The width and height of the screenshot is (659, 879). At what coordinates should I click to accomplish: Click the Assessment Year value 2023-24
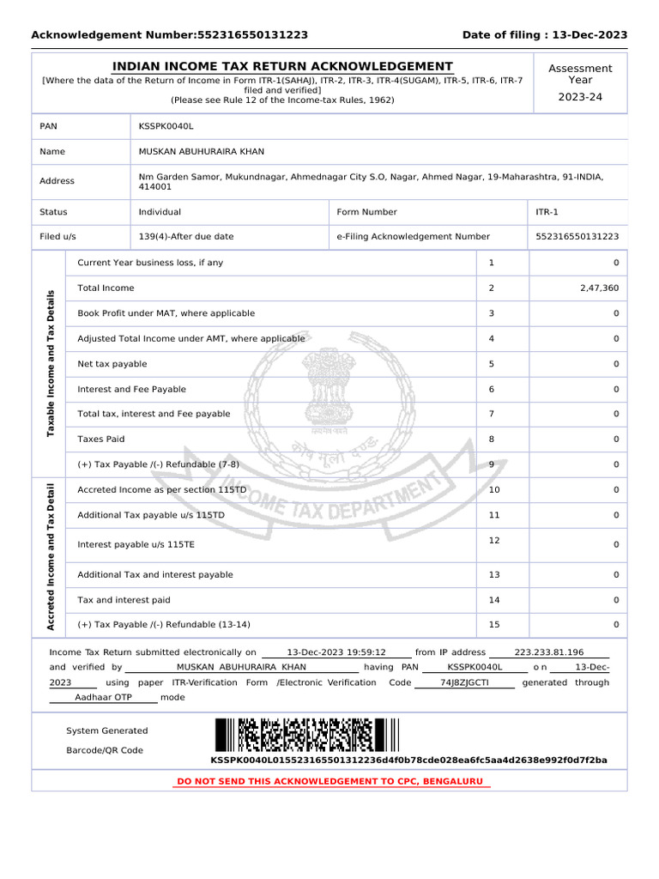tap(580, 97)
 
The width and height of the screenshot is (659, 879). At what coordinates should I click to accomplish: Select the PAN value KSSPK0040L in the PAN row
tap(166, 126)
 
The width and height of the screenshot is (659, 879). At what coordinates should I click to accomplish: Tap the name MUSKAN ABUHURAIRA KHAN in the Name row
tap(202, 152)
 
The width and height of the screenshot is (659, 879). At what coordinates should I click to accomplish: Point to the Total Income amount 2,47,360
tap(599, 288)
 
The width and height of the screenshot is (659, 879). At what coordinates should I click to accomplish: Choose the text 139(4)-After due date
tap(186, 236)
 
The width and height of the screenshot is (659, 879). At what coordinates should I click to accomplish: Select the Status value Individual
tap(160, 212)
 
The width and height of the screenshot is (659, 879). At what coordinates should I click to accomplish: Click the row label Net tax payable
tap(112, 364)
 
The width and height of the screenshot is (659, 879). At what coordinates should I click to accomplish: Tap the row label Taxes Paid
tap(101, 439)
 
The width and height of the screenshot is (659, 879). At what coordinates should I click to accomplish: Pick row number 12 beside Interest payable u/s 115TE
tap(494, 540)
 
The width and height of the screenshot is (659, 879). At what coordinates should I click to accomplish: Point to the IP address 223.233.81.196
tap(549, 652)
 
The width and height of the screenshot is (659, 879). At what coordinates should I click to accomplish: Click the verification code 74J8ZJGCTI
tap(464, 682)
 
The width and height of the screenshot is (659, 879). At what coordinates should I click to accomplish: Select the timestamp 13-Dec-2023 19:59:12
tap(336, 652)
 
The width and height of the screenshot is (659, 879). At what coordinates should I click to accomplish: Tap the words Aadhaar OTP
tap(103, 698)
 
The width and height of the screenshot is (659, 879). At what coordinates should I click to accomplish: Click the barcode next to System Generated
tap(307, 735)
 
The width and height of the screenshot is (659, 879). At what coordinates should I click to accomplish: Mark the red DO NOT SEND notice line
tap(329, 782)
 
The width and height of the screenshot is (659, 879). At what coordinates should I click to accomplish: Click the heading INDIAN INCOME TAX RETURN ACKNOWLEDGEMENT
tap(282, 66)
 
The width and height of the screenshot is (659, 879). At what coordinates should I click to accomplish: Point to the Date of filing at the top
tap(545, 35)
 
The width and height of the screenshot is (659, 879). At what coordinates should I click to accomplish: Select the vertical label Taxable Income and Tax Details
tap(51, 363)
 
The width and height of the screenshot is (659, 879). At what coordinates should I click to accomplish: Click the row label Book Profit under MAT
tap(166, 313)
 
